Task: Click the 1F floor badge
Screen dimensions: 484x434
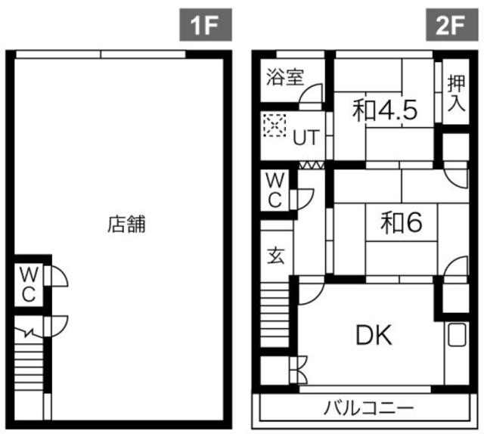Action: [206, 25]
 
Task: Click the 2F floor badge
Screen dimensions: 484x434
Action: [452, 25]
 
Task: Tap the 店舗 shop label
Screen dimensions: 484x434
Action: [126, 224]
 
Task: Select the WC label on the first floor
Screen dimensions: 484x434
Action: [29, 284]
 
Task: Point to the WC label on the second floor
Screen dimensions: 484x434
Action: [275, 191]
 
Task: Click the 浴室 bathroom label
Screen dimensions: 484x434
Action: [285, 77]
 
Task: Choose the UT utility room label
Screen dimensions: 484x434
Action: [306, 138]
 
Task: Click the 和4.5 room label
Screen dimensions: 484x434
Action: [385, 110]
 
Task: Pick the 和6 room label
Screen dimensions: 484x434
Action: [402, 222]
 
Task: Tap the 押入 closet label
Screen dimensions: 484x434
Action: [456, 92]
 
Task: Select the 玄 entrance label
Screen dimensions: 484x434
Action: [275, 256]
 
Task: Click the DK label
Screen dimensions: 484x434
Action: [374, 335]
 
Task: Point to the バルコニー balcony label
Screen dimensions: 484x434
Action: [368, 408]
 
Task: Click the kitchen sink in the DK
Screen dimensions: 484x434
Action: [456, 334]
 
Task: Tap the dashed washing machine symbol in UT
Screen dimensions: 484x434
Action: [275, 125]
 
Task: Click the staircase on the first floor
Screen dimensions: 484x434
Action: [29, 367]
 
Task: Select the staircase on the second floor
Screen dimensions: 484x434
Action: [275, 315]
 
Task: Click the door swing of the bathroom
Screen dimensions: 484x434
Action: [311, 94]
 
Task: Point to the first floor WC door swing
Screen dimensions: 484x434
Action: [59, 277]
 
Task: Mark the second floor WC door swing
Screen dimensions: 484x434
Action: [305, 199]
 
